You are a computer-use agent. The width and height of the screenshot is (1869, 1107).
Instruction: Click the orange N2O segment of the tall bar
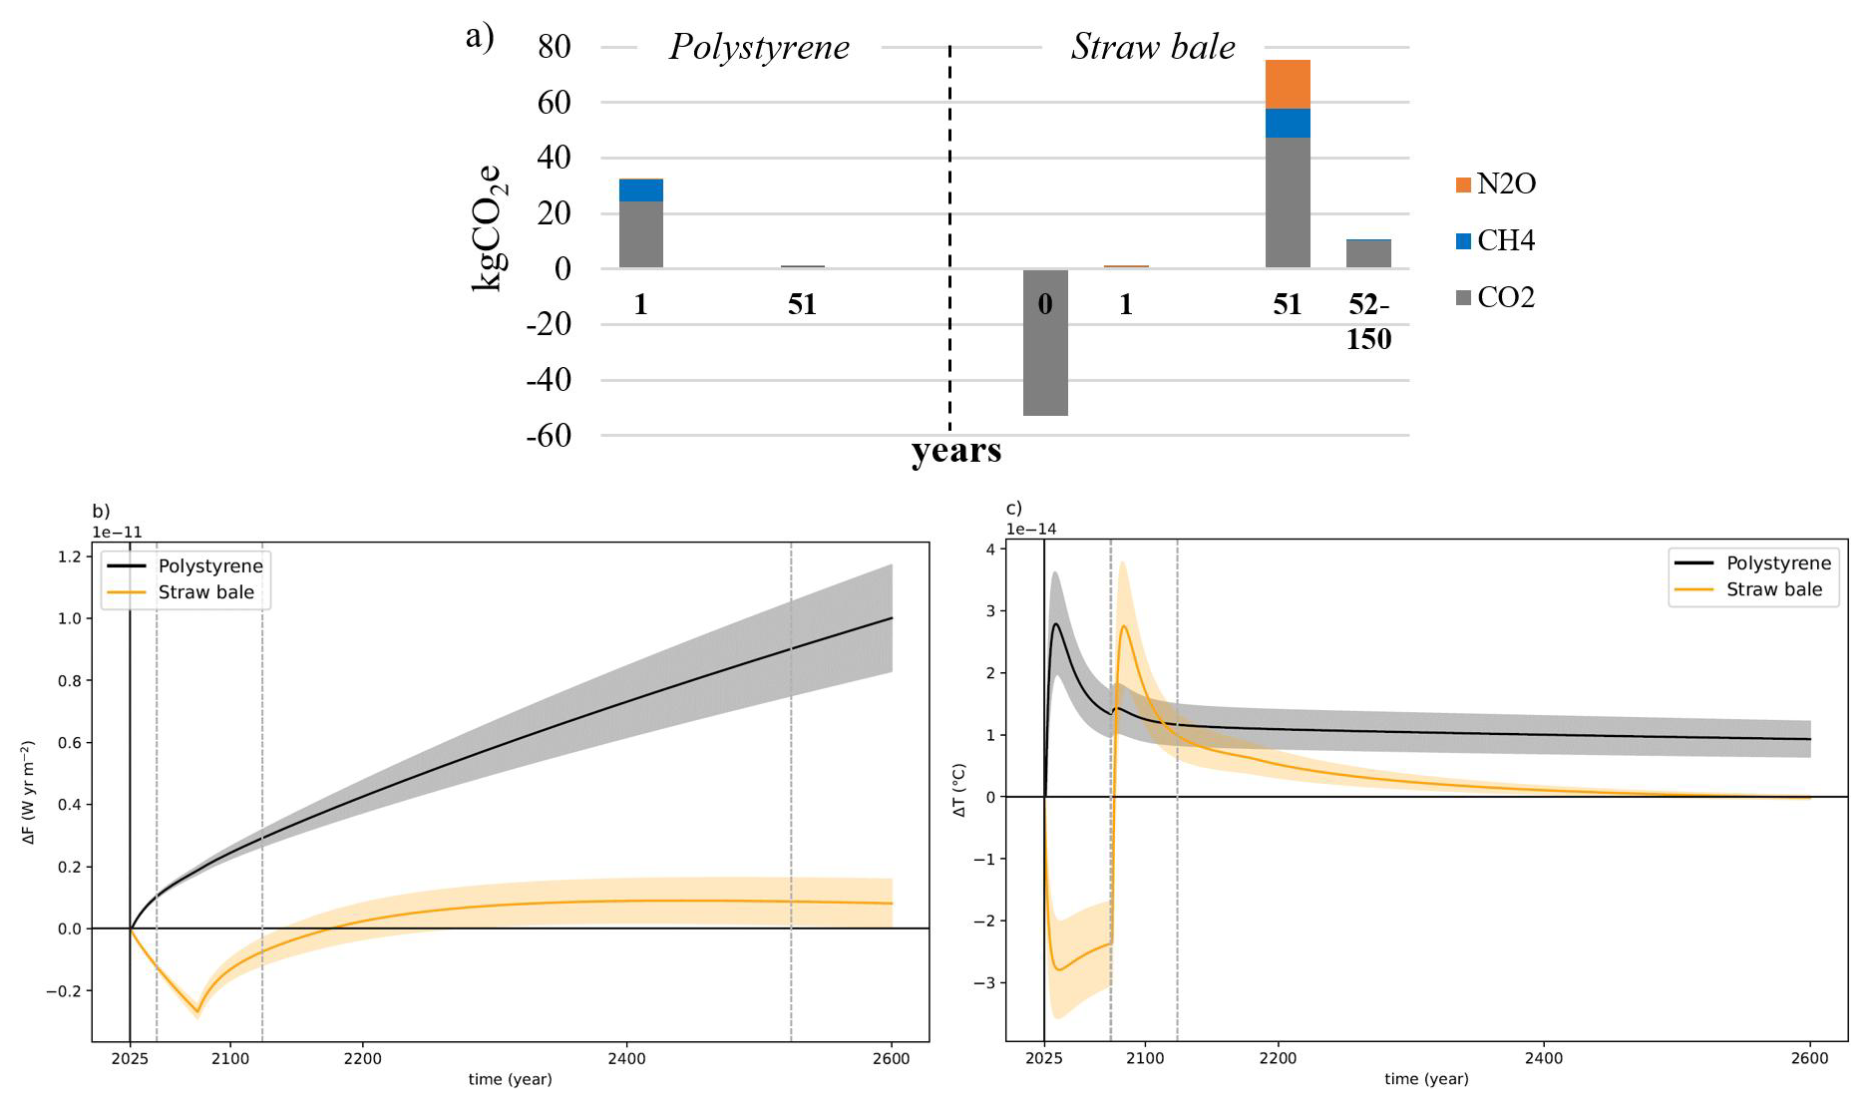[x=1288, y=85]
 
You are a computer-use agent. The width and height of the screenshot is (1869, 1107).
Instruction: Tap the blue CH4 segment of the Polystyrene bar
[x=641, y=190]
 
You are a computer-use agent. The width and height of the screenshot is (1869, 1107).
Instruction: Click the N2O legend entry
[x=1495, y=184]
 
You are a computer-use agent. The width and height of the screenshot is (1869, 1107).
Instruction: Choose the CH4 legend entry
[x=1495, y=241]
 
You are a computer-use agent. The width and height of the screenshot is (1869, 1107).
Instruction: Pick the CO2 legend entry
[x=1495, y=298]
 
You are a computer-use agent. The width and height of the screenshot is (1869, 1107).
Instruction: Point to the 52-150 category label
[x=1368, y=322]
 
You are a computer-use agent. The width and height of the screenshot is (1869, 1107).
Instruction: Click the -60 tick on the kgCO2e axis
[x=554, y=436]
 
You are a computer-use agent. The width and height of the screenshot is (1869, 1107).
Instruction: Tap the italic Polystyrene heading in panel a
[x=759, y=47]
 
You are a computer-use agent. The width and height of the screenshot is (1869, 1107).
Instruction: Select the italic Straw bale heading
[x=1153, y=47]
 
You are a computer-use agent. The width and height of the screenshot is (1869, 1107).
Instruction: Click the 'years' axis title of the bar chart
[x=955, y=452]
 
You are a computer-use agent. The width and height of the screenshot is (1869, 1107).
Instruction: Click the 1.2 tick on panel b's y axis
[x=69, y=556]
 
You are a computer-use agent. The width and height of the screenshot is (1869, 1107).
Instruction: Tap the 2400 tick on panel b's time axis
[x=626, y=1059]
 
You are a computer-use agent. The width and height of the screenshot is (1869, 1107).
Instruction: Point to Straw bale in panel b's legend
[x=205, y=592]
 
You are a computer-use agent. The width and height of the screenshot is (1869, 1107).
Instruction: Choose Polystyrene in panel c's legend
[x=1778, y=563]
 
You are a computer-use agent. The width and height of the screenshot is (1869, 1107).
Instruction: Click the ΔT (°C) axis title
[x=959, y=791]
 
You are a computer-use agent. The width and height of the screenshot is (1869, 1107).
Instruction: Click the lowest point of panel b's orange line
[x=197, y=1012]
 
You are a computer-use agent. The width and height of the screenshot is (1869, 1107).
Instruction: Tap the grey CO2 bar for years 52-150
[x=1368, y=254]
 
